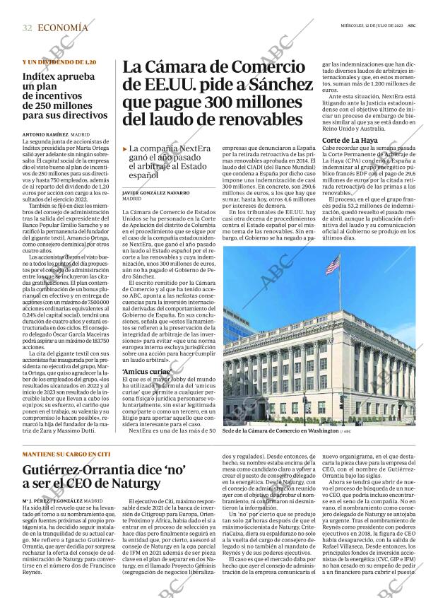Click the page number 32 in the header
(27, 28)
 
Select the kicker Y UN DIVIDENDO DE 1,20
(59, 62)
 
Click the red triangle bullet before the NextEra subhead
(125, 149)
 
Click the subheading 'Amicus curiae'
(146, 371)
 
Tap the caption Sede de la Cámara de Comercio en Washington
(281, 430)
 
